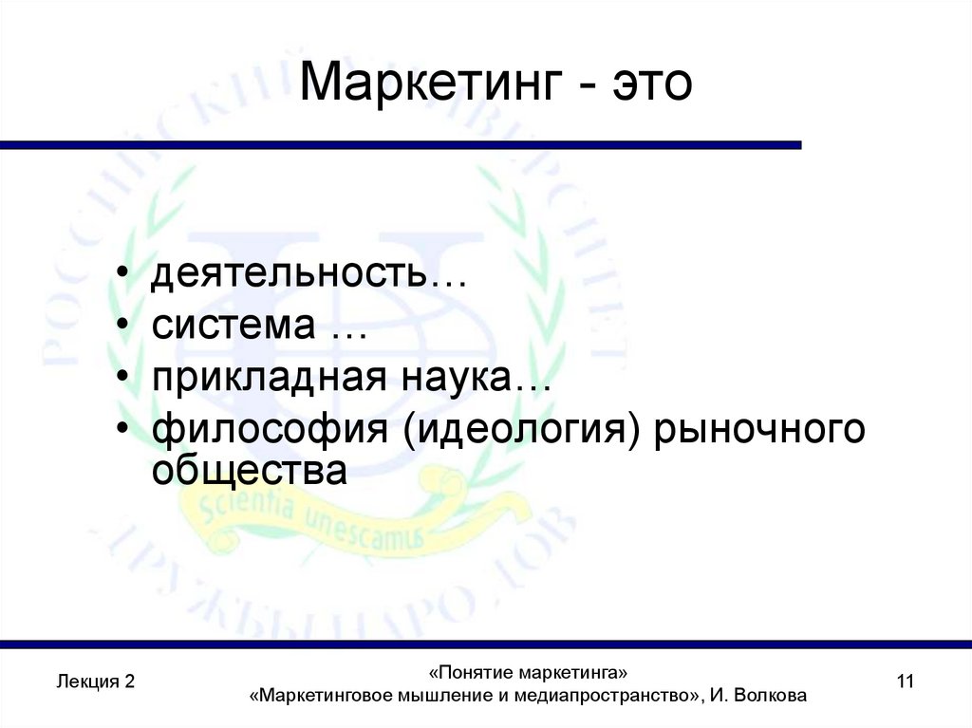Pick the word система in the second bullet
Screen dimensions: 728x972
233,327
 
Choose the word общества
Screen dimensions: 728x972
250,470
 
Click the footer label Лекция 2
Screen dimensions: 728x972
96,681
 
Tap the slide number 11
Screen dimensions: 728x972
904,681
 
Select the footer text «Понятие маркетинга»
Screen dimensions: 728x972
528,673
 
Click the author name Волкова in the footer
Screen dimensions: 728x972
772,696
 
